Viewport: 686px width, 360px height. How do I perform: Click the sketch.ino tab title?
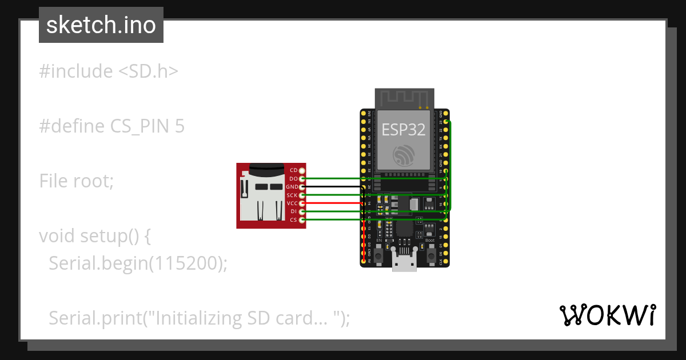click(101, 25)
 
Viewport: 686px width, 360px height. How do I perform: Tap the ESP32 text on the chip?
click(404, 130)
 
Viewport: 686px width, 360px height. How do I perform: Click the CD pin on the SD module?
click(302, 170)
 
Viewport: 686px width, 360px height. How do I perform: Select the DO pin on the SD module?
click(302, 179)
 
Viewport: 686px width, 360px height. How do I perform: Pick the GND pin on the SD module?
click(302, 187)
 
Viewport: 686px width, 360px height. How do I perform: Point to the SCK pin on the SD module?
click(302, 195)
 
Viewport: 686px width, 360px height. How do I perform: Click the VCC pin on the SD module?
click(302, 203)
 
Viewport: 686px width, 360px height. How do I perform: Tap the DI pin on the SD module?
click(302, 211)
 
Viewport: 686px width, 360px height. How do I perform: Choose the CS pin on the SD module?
click(302, 220)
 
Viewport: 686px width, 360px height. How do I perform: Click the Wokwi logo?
click(607, 315)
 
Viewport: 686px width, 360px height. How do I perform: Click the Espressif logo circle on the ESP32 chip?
click(404, 155)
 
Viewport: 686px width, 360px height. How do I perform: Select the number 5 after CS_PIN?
click(180, 126)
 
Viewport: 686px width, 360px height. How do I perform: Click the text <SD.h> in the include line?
click(149, 71)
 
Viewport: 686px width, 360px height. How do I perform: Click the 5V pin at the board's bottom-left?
click(364, 261)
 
